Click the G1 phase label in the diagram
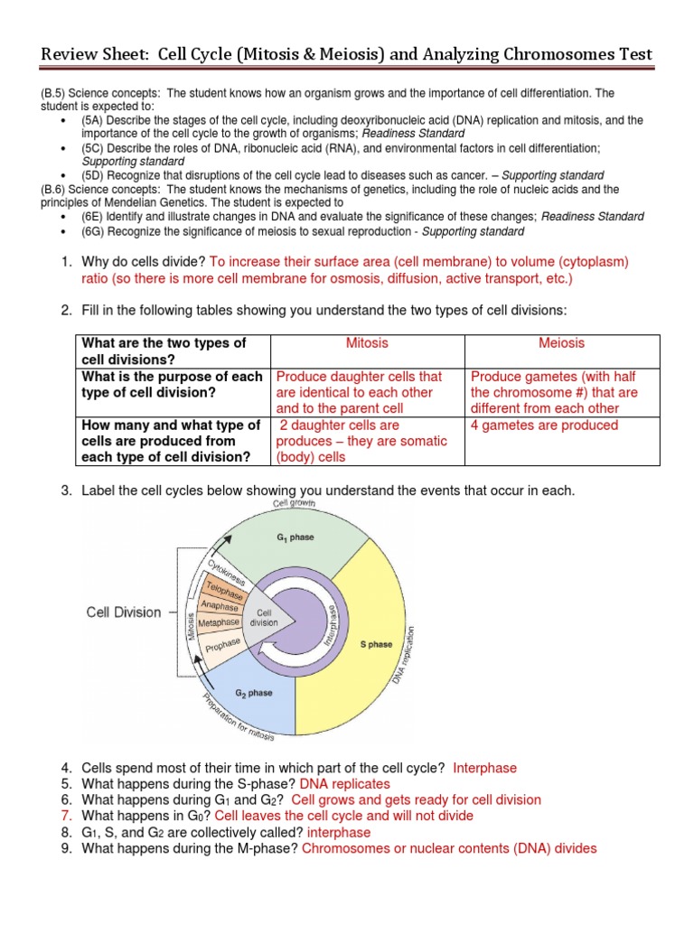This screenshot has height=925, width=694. point(295,537)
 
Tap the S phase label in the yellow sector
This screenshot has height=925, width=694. point(376,645)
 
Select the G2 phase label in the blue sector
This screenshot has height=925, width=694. point(256,693)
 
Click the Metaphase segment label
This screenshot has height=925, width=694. point(219,622)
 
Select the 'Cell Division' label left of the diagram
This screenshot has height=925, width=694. point(123,612)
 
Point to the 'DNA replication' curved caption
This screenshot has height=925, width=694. point(404,655)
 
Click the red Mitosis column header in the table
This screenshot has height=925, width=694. point(367,343)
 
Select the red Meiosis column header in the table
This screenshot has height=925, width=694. point(561,343)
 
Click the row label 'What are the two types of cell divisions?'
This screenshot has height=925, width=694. point(164,351)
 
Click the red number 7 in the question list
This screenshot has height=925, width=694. point(65,816)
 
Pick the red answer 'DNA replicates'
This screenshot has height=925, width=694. point(344,783)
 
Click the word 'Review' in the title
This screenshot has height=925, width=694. point(70,57)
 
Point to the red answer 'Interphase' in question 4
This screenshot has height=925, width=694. point(484,768)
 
